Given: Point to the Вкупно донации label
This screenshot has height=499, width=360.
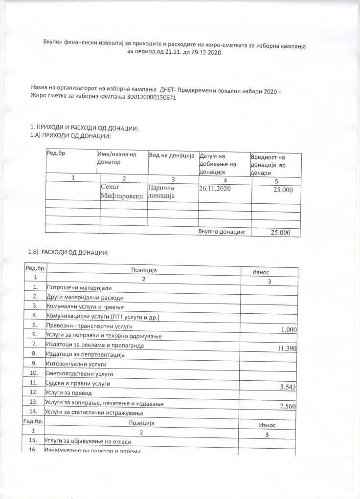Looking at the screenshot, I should click(x=222, y=232).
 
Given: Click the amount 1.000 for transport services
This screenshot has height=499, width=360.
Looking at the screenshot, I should click(x=289, y=330).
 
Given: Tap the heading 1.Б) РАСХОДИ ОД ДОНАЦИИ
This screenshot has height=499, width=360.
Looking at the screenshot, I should click(x=68, y=252).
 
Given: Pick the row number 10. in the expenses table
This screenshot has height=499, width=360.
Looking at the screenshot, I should click(x=34, y=374).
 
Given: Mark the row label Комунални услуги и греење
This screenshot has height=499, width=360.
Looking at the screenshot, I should click(x=85, y=306).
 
